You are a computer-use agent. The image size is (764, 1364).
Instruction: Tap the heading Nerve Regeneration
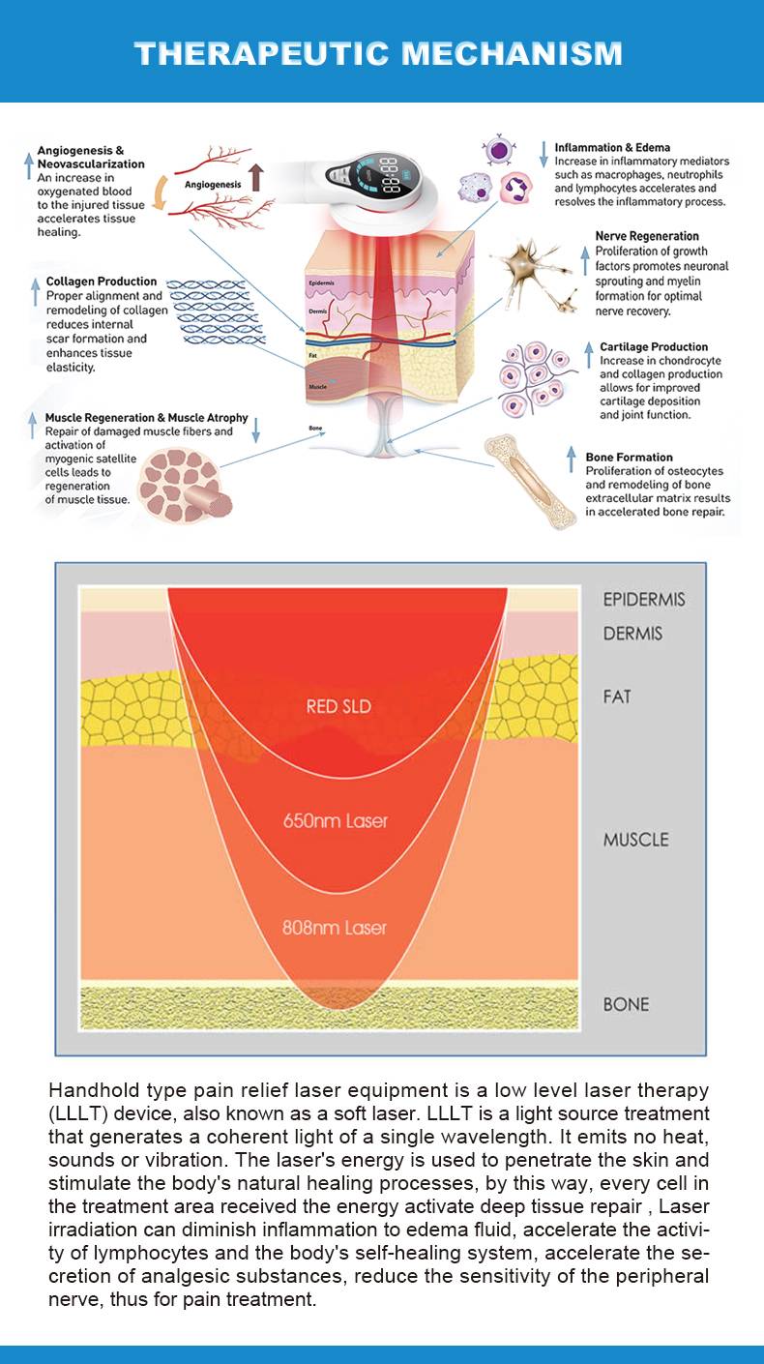point(647,236)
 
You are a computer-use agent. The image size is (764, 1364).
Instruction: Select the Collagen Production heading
point(102,282)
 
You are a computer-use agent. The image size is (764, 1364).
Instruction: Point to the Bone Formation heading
point(629,457)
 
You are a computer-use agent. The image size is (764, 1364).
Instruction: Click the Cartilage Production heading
point(654,346)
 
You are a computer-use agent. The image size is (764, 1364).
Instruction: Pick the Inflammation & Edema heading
point(612,148)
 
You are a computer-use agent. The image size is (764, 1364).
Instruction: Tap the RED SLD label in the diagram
point(338,706)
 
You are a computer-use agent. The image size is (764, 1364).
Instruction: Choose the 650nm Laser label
point(335,821)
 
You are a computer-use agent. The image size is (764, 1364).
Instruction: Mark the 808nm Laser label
point(335,928)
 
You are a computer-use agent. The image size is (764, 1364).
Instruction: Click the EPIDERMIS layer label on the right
point(644,600)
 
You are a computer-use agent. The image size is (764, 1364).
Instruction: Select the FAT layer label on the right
point(617,697)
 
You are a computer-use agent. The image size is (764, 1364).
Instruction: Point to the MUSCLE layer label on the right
point(635,840)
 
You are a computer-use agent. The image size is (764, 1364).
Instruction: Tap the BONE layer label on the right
point(626,1004)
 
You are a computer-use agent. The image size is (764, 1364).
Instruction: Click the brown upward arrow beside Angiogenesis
point(255,176)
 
